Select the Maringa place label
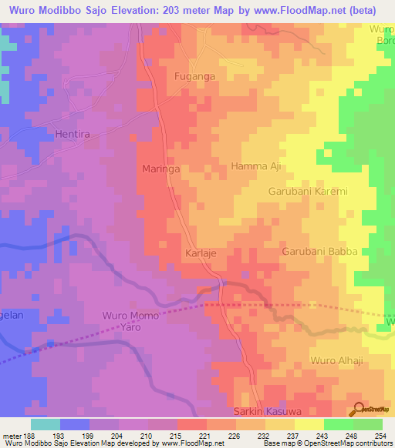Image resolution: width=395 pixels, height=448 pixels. click(161, 168)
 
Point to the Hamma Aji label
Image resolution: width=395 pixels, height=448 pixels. click(255, 166)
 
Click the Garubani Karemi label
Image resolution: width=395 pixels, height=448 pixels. click(309, 191)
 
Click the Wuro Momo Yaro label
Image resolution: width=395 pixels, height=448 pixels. click(130, 322)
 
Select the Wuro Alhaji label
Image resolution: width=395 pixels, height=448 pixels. click(335, 360)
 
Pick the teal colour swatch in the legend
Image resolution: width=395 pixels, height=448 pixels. click(46, 424)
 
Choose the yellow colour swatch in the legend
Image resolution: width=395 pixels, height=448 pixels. click(309, 424)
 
